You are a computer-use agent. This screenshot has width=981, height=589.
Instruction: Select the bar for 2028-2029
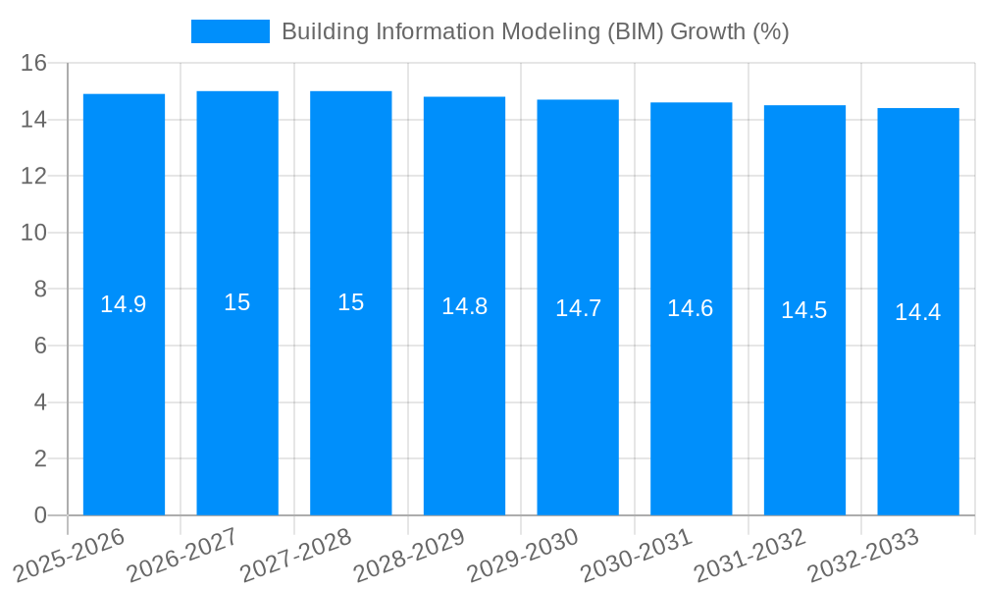464,393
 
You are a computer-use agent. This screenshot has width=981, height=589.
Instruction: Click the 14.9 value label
124,304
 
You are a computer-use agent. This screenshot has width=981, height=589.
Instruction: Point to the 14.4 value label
918,312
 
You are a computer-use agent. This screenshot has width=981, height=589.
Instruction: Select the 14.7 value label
578,308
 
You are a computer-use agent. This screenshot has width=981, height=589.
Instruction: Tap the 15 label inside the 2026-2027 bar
237,302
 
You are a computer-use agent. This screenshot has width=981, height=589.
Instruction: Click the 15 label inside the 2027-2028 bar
351,302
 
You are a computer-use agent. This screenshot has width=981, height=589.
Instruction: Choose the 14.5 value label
804,310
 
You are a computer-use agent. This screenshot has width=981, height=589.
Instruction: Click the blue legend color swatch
231,31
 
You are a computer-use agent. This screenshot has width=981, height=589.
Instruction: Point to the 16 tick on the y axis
34,63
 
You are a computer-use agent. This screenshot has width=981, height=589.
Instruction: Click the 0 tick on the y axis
40,515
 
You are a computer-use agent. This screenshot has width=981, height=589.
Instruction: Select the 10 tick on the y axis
34,233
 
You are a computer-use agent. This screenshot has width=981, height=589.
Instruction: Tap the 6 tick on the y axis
40,346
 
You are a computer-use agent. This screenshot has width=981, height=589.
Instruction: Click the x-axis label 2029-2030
523,555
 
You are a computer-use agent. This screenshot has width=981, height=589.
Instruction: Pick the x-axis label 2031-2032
750,555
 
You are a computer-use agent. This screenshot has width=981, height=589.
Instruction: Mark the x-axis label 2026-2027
182,555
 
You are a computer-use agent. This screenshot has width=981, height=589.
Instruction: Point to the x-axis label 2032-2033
863,555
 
